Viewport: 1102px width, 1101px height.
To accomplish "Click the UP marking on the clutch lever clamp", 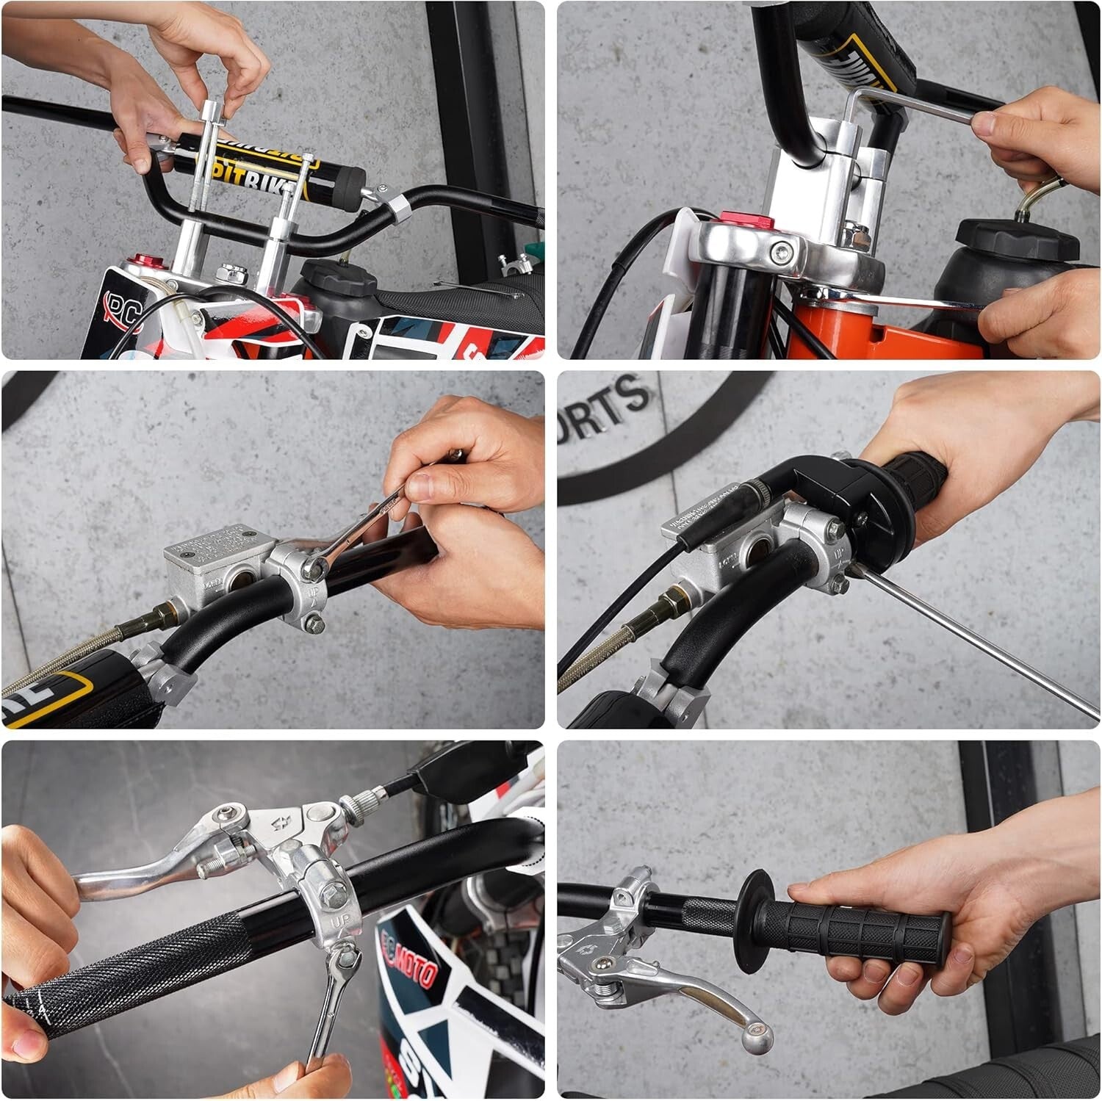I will [340, 920].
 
